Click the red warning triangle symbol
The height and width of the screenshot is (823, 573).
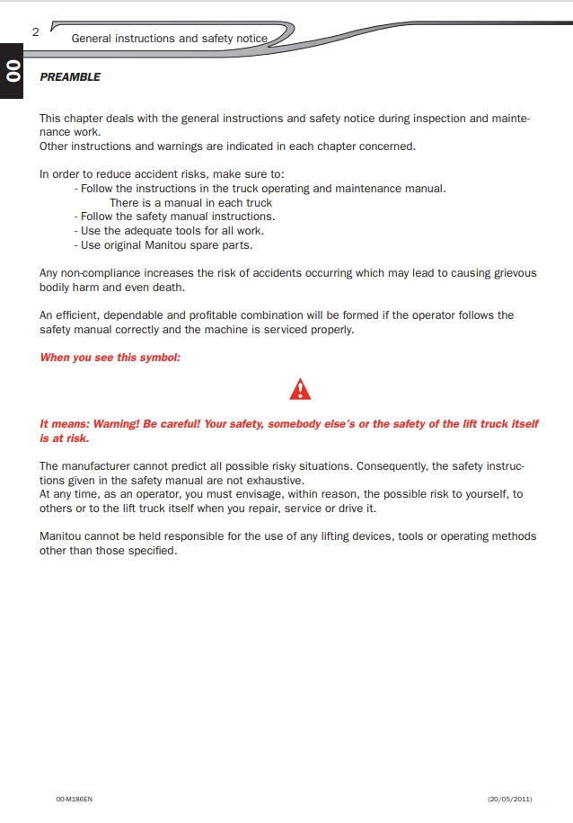click(x=301, y=389)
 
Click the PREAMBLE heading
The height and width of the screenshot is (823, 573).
click(x=70, y=77)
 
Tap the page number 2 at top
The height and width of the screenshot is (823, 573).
click(x=35, y=31)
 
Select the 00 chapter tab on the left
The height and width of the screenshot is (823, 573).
click(x=12, y=70)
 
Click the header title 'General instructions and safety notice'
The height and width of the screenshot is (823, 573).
click(x=169, y=39)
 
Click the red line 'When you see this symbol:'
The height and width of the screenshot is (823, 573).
click(x=110, y=358)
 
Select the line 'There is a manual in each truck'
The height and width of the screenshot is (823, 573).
click(x=190, y=202)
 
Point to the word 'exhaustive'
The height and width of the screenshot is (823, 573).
click(x=273, y=480)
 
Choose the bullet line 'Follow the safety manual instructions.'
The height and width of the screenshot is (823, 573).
click(x=175, y=217)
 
